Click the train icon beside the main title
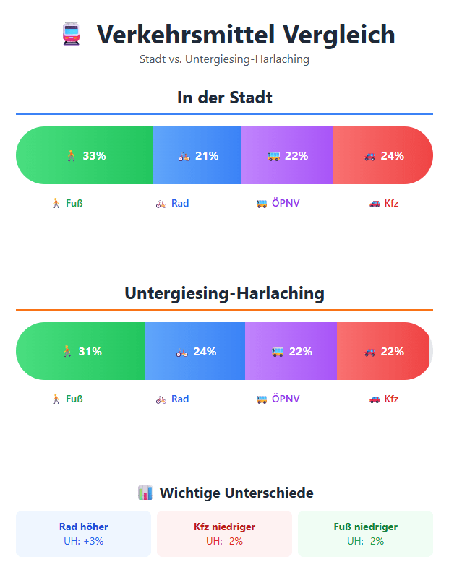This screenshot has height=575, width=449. pos(71,34)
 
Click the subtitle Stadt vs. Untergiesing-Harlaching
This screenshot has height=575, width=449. pos(224,59)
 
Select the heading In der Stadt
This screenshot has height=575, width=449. pos(224,97)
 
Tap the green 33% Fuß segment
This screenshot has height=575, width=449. pos(85,155)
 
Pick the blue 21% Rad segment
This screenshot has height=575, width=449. pos(197,155)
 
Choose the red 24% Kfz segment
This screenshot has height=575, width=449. pos(383,155)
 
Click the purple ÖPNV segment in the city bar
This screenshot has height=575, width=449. pos(287,155)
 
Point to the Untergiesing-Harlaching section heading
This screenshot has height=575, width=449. pos(224,293)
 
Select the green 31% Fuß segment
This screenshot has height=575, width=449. pos(81,351)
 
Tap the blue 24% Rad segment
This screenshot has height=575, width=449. pos(195,351)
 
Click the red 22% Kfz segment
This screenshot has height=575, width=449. pos(383,351)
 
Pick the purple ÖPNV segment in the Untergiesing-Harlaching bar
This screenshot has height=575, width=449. pos(291,351)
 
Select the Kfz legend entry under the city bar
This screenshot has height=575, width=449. pos(383,203)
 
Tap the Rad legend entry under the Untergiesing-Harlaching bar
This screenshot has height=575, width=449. pos(172,399)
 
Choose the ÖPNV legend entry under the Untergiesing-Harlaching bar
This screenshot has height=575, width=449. pos(278,399)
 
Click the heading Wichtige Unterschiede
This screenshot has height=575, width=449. pos(225,493)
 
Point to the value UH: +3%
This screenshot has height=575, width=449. pos(84,540)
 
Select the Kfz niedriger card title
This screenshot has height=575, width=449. pos(224,527)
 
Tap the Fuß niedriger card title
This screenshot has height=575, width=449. pos(365,527)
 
